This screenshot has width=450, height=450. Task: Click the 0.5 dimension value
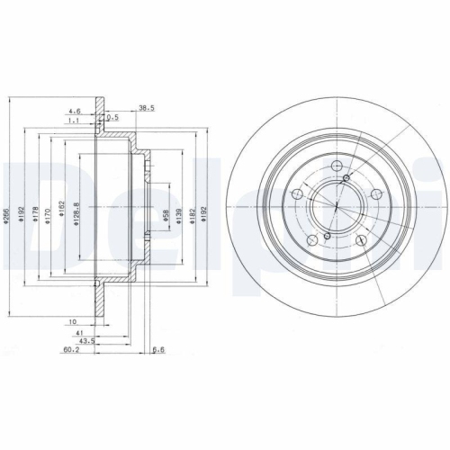pos(113,117)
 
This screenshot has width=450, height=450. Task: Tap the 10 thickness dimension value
pos(69,319)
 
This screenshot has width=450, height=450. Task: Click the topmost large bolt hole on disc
pos(336,166)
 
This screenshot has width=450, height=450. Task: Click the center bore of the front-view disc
pos(335,208)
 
